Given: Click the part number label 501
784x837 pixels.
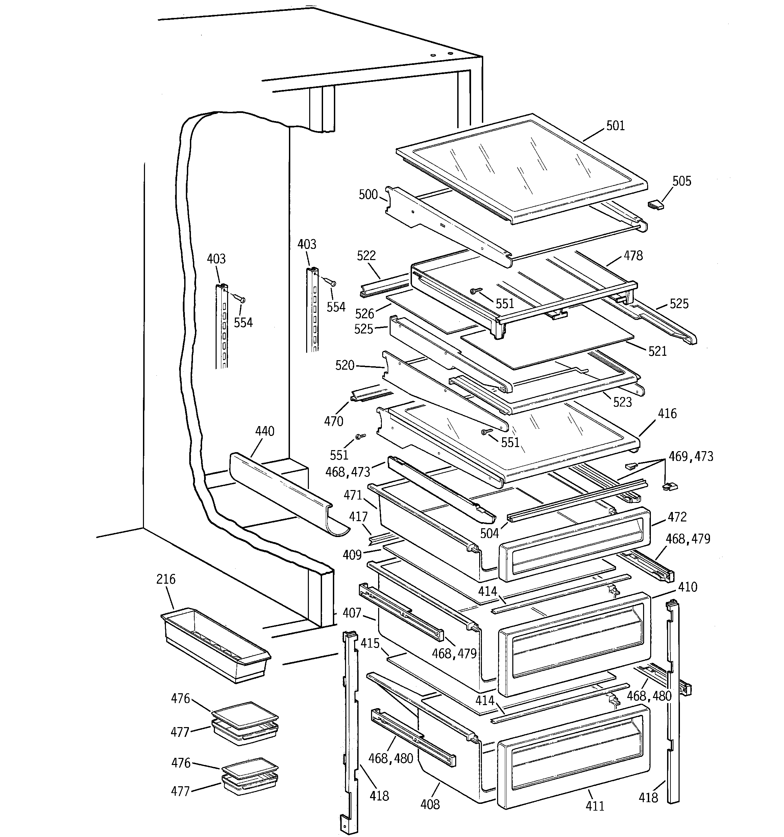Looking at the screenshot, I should tap(615, 125).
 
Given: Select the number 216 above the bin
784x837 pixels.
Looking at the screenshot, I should tap(166, 579).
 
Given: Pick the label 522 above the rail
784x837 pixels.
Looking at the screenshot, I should tap(366, 256).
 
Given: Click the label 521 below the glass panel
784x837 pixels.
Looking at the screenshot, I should tap(657, 351).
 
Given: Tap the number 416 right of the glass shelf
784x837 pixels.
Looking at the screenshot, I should tap(667, 414).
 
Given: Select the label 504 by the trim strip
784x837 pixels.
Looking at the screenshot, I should tap(489, 533).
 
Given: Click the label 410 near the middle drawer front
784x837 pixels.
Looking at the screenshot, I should tap(688, 587).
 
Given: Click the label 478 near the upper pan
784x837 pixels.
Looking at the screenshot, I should tap(633, 256).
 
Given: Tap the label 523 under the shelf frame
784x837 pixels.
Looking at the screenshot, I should tap(622, 402).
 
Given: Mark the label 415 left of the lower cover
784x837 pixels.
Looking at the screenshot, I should tap(370, 643).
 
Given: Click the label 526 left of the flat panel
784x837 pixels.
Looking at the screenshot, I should tap(364, 314).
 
